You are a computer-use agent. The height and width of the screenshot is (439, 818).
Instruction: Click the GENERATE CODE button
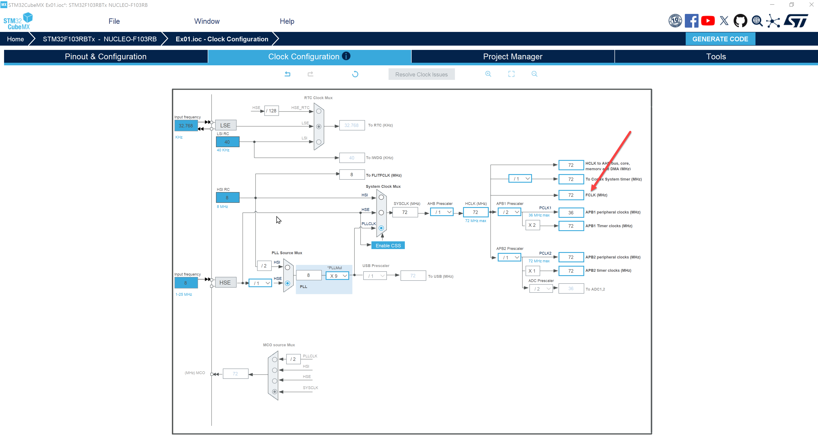(x=720, y=39)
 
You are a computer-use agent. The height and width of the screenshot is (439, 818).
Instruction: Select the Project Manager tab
(x=513, y=57)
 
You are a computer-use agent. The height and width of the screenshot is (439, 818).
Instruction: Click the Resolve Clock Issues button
(x=421, y=74)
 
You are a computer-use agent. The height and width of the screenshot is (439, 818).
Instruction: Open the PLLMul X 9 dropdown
(x=337, y=276)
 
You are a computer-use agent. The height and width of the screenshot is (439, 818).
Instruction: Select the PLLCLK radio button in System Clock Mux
(x=381, y=228)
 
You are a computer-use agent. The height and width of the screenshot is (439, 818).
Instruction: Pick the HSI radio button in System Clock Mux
(x=381, y=197)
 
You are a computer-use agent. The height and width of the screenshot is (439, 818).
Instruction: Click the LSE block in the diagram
(x=225, y=125)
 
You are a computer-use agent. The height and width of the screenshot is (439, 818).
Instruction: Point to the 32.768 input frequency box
(x=186, y=126)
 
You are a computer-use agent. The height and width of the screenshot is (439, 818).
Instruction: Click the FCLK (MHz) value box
(x=571, y=195)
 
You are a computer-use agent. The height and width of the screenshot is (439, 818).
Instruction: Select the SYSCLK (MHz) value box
(x=405, y=212)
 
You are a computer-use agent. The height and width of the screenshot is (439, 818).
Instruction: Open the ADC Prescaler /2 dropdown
(x=541, y=289)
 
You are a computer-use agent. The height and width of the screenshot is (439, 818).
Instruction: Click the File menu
(x=114, y=21)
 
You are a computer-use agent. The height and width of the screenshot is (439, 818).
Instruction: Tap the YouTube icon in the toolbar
(x=708, y=21)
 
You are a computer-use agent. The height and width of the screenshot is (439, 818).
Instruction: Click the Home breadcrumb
(x=15, y=39)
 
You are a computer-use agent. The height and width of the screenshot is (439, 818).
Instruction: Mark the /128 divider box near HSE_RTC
(x=271, y=110)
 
